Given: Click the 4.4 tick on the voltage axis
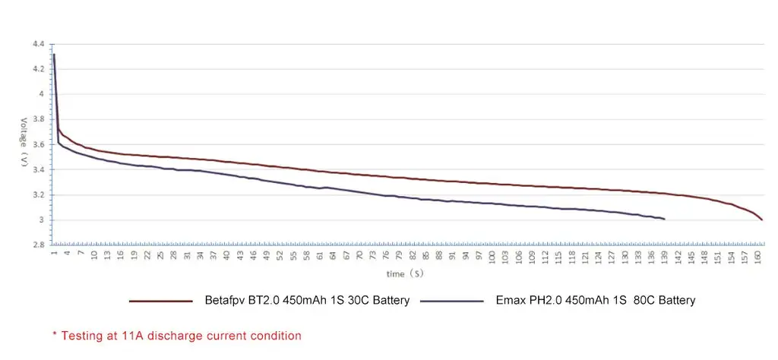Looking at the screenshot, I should click(39, 44).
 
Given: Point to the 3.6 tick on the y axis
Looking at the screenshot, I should click(39, 144).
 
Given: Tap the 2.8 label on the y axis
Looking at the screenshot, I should click(39, 245).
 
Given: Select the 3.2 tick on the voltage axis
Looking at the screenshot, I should click(39, 195).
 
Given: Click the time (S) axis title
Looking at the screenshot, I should click(406, 273).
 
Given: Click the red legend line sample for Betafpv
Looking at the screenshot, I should click(160, 301).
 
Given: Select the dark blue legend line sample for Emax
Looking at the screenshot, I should click(451, 301).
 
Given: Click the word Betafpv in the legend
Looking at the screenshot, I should click(226, 301).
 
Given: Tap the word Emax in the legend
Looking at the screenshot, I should click(508, 301).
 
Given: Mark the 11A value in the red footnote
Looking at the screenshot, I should click(134, 335).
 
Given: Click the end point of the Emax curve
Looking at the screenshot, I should click(665, 219).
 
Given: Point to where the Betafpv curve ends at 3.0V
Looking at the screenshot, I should click(761, 219).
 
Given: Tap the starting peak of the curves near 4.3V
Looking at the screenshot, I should click(54, 55).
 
